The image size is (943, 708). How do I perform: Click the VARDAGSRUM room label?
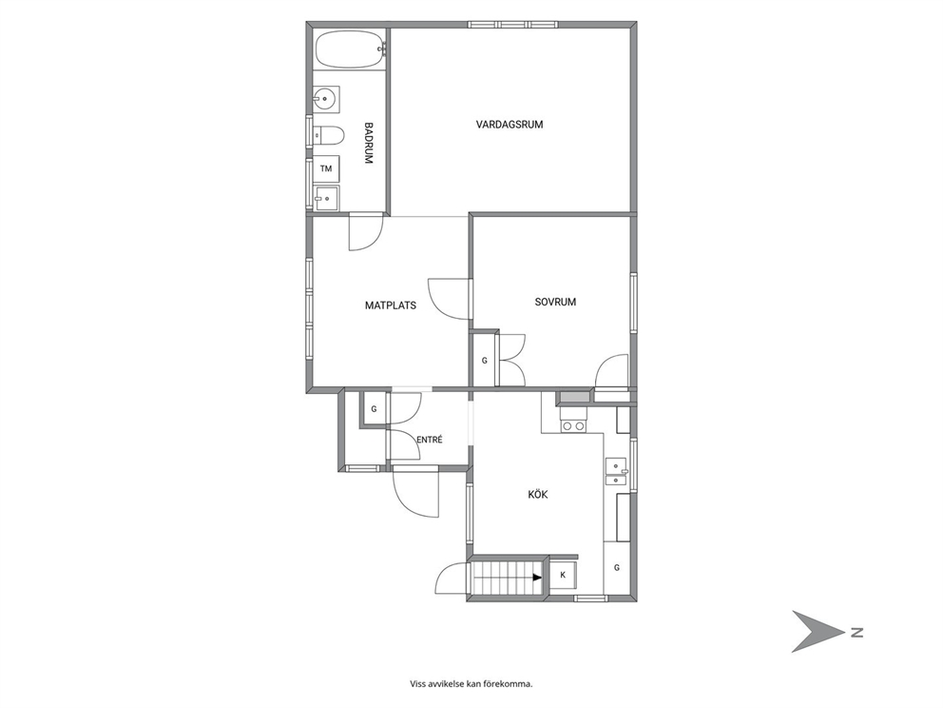tap(510, 125)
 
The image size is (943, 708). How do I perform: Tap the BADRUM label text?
tap(369, 144)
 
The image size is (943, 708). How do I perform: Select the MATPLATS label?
tap(391, 305)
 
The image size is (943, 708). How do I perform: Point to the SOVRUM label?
tap(555, 302)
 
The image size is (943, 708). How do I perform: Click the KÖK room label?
tap(538, 494)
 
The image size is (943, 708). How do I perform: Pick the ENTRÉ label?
tap(430, 440)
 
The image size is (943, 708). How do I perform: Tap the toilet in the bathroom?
tap(328, 136)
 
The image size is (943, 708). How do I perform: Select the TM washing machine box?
tap(326, 168)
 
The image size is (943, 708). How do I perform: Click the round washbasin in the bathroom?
tap(326, 99)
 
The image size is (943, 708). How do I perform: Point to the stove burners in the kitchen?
tap(572, 426)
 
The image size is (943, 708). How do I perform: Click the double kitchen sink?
tap(616, 471)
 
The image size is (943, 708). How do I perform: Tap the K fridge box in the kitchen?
tap(563, 575)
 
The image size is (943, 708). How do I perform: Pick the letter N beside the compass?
tap(856, 632)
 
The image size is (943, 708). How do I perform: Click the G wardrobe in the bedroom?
tap(484, 361)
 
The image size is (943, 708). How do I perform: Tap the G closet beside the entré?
tap(375, 409)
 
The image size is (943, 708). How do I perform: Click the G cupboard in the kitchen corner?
tap(616, 568)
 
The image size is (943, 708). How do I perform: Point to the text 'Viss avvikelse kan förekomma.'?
tap(471, 684)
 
